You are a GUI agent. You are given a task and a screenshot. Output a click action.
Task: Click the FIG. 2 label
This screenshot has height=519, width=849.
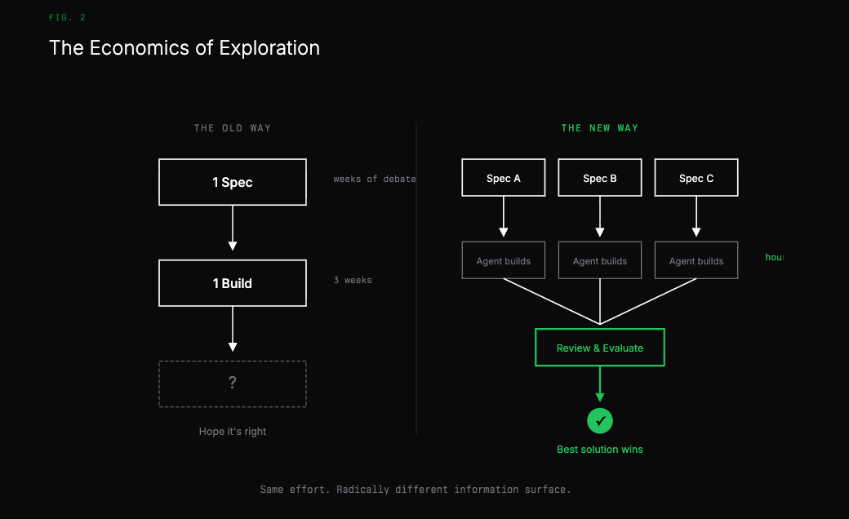click(67, 17)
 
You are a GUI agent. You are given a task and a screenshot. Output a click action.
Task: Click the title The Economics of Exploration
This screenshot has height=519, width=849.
click(184, 48)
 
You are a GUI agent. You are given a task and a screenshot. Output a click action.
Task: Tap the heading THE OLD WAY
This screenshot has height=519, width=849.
click(232, 128)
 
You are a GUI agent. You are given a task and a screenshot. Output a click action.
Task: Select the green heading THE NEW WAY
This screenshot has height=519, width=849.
click(599, 128)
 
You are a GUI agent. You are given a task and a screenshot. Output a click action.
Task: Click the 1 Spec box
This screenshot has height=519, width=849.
click(233, 182)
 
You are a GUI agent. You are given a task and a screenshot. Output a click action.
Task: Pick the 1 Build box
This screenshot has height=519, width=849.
click(233, 283)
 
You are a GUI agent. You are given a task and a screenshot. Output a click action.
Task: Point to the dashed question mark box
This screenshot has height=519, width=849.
click(233, 384)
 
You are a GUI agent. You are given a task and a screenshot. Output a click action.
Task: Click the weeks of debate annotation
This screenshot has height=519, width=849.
click(374, 179)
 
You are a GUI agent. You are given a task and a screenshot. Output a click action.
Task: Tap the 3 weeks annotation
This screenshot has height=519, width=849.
click(353, 280)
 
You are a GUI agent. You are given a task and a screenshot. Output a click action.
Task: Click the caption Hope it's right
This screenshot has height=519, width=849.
click(233, 431)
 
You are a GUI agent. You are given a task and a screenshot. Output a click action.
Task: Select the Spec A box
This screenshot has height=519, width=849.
click(504, 178)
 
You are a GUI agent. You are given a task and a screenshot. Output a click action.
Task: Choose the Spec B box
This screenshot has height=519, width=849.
click(600, 178)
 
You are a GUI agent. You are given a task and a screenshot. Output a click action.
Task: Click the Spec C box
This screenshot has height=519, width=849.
click(696, 178)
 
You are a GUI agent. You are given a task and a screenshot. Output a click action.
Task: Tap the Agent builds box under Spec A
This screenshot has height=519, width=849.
click(504, 260)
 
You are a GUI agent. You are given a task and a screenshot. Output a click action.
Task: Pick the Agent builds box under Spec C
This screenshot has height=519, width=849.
click(696, 260)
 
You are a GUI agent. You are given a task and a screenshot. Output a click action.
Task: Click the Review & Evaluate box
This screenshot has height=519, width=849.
click(600, 348)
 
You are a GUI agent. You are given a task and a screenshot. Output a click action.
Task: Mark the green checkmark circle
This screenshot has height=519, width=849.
click(600, 421)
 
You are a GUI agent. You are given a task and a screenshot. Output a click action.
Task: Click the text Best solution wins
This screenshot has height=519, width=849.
click(600, 449)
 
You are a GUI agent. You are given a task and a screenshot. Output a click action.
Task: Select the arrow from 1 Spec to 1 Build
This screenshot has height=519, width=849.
click(233, 228)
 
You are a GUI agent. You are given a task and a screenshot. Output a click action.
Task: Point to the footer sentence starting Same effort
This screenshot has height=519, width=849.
click(416, 490)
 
